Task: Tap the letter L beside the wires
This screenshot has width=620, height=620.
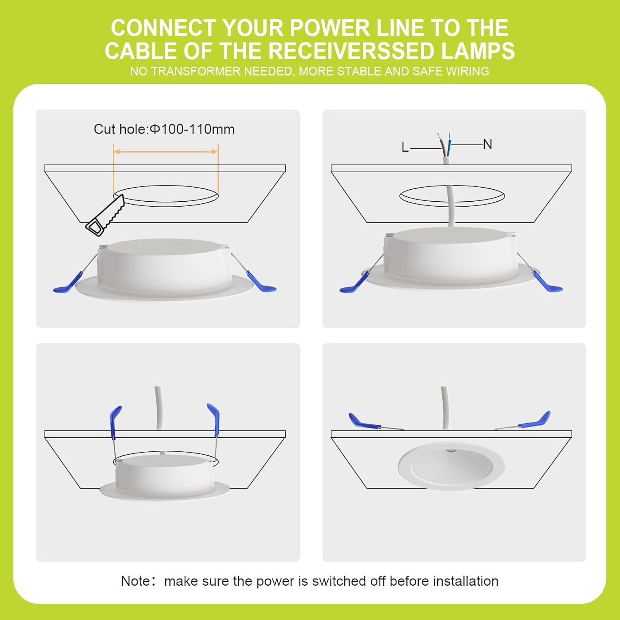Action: (x=405, y=147)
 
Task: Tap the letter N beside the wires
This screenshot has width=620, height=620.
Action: (x=487, y=144)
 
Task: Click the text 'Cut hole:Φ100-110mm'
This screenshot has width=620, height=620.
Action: (x=164, y=129)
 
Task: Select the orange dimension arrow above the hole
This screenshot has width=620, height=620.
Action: (x=166, y=152)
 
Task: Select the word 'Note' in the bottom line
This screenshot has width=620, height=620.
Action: (x=134, y=581)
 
